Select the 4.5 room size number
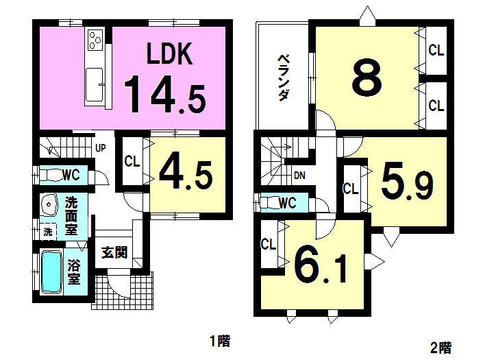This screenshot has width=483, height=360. pyautogui.click(x=186, y=174)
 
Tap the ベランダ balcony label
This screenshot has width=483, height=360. pyautogui.click(x=282, y=77)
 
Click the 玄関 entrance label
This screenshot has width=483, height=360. pyautogui.click(x=114, y=252)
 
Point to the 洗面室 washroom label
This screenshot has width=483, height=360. pyautogui.click(x=71, y=215)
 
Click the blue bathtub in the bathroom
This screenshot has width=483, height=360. pyautogui.click(x=51, y=272)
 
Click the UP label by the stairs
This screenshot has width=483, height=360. pyautogui.click(x=100, y=147)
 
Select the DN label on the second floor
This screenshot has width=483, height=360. pyautogui.click(x=299, y=176)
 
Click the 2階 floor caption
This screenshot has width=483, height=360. pyautogui.click(x=442, y=347)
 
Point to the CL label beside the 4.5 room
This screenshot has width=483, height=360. pyautogui.click(x=132, y=162)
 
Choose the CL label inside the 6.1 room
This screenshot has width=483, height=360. pyautogui.click(x=268, y=243)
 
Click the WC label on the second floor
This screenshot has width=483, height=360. pyautogui.click(x=287, y=202)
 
